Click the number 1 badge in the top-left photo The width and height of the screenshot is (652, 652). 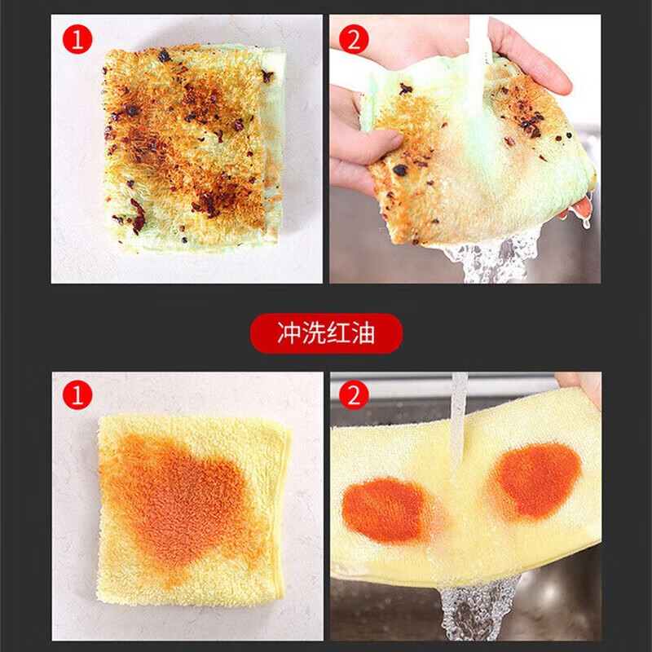(x=77, y=38)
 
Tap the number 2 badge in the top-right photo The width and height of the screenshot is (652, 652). (x=355, y=38)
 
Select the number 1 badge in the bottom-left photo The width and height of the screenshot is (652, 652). (x=77, y=396)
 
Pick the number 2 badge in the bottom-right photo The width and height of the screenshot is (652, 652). (x=355, y=396)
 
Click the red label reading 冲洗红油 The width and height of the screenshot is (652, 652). (x=326, y=333)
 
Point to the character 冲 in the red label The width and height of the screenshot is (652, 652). (x=289, y=333)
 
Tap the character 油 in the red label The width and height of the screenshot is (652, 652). (x=363, y=333)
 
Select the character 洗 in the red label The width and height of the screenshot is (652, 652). (x=314, y=333)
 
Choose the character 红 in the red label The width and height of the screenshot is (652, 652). (x=339, y=333)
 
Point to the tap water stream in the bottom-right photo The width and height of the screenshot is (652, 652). (x=459, y=416)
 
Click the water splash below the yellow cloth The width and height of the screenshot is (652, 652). (x=477, y=607)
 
